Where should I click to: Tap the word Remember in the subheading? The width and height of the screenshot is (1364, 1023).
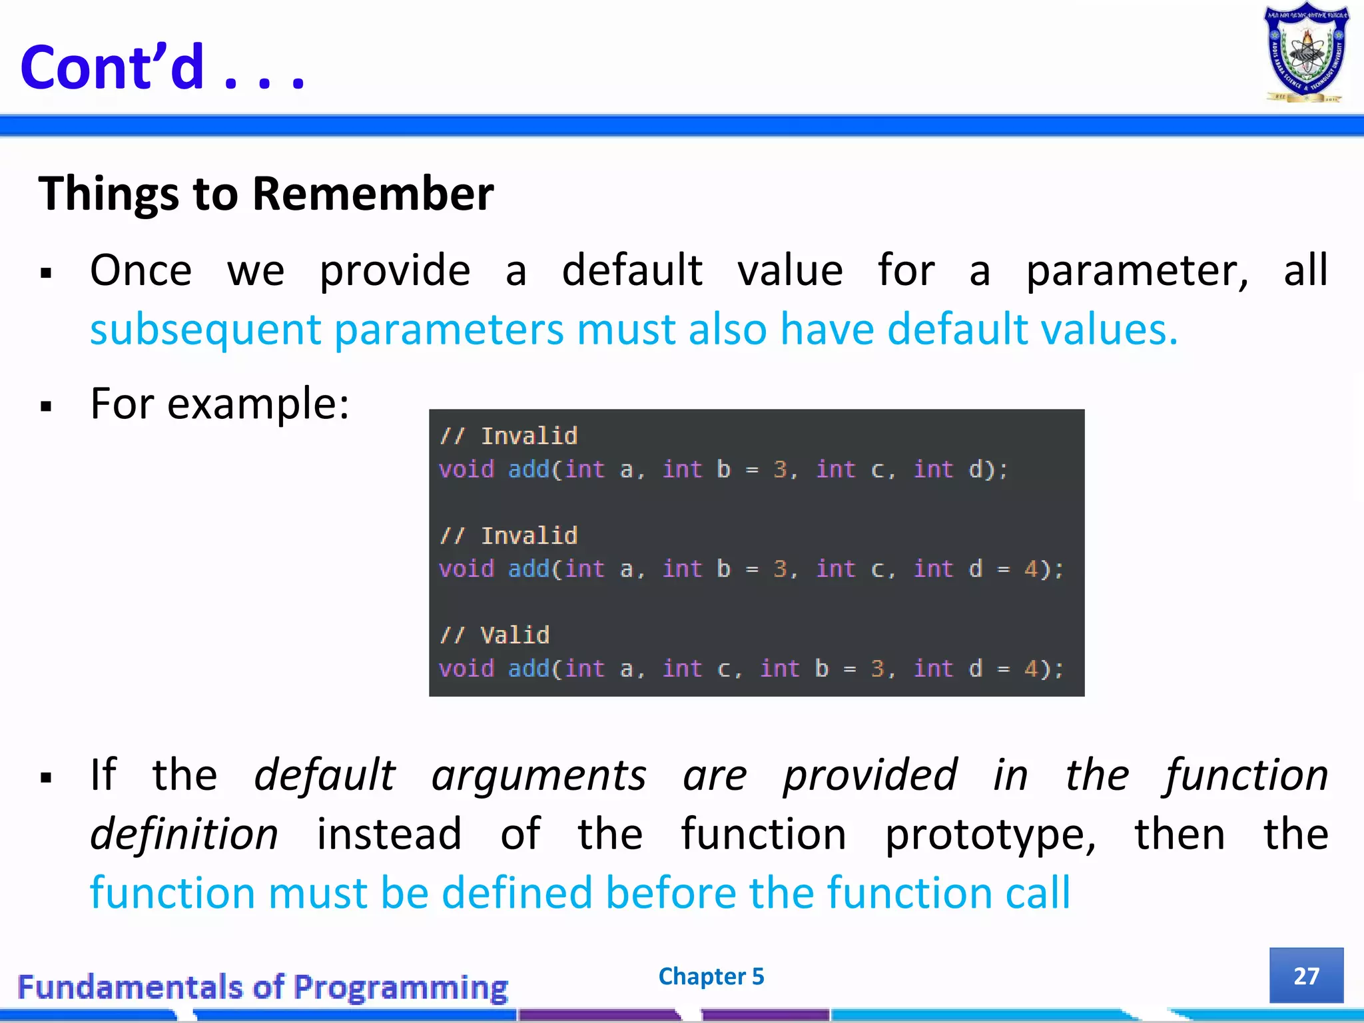(x=373, y=194)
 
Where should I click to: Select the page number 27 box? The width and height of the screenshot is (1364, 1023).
(x=1306, y=976)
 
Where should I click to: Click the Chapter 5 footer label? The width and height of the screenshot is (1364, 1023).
(x=711, y=976)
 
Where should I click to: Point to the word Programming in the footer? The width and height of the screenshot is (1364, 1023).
(x=400, y=987)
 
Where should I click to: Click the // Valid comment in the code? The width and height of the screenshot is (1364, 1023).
(x=495, y=635)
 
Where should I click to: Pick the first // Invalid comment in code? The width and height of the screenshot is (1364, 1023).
(x=509, y=436)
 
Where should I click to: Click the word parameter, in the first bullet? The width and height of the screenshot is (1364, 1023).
(x=1137, y=271)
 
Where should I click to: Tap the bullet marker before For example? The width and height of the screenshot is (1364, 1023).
(x=46, y=406)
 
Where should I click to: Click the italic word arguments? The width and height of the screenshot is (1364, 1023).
(x=539, y=775)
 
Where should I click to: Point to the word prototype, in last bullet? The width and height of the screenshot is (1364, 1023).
(x=990, y=834)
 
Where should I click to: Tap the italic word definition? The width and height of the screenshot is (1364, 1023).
(x=184, y=834)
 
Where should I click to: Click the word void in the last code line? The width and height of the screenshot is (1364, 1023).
(x=466, y=669)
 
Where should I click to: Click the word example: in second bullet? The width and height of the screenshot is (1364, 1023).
(x=258, y=404)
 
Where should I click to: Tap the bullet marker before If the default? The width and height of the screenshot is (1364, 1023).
(x=46, y=778)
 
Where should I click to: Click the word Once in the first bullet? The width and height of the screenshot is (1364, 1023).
(x=141, y=271)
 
